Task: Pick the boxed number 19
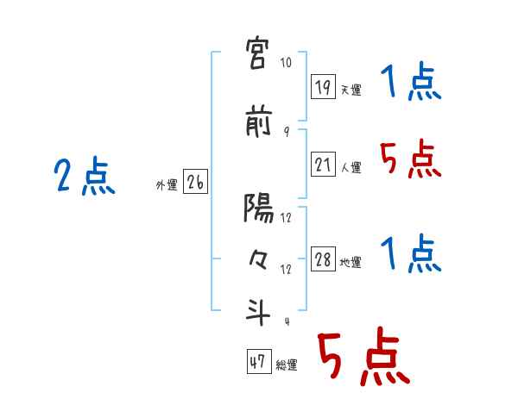[324, 86]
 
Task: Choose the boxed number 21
[324, 164]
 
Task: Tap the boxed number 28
[324, 259]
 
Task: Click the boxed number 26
[195, 182]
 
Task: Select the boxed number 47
[258, 362]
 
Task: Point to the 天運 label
[351, 90]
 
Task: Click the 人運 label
[351, 167]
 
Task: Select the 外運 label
[166, 185]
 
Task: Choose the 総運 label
[287, 365]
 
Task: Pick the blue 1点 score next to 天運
[411, 84]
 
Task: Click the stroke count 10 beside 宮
[287, 64]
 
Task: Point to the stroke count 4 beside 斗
[286, 321]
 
